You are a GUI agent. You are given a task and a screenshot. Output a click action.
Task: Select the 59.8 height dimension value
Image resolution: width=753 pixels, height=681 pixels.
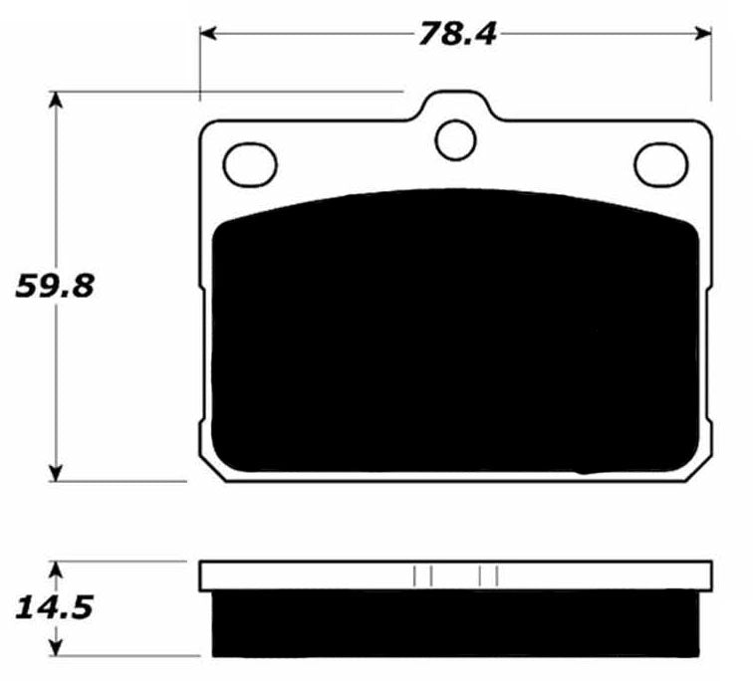point(55,287)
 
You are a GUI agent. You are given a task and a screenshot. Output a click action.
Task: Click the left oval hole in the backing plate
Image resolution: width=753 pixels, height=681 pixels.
point(250,163)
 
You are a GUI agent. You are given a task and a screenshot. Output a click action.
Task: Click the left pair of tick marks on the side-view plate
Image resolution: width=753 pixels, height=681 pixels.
point(421,575)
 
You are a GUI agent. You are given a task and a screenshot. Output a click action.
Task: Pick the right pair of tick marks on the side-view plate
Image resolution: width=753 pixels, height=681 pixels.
point(488,575)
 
